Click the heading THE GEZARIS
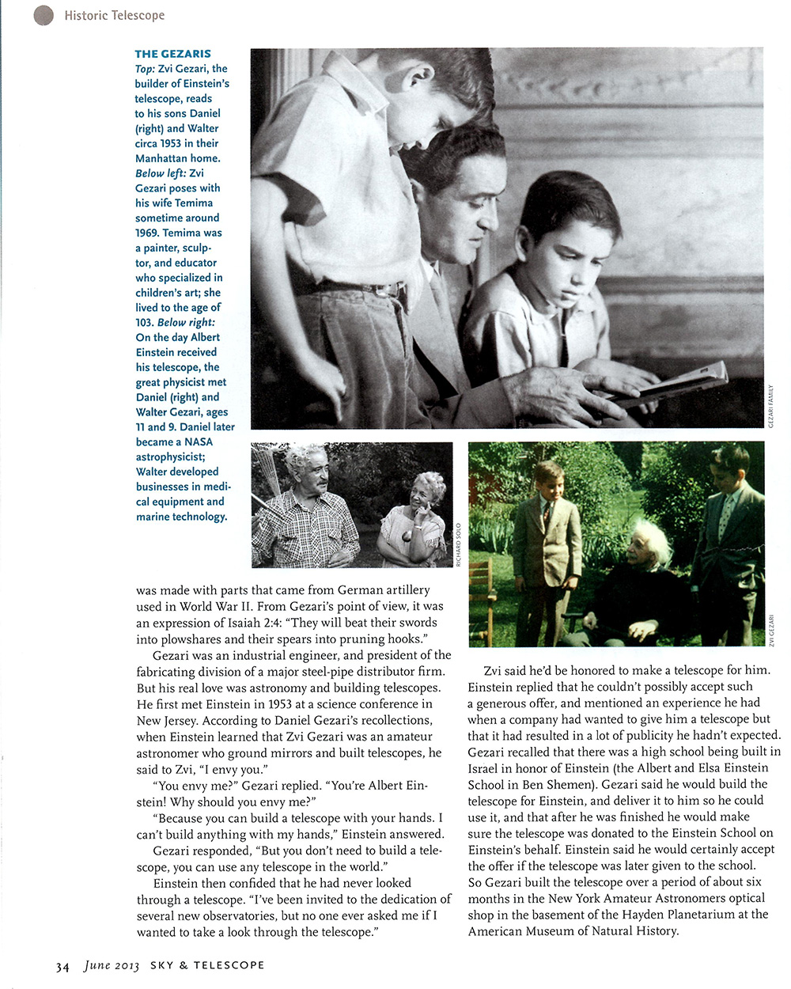coord(172,54)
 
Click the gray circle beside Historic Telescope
coord(44,15)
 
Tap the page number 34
coord(62,966)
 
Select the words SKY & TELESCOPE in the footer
coord(207,965)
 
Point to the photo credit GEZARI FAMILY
coord(770,407)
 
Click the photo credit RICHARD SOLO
coord(458,544)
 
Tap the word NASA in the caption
coord(199,441)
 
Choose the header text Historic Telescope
coord(115,15)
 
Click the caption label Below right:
coord(186,322)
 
